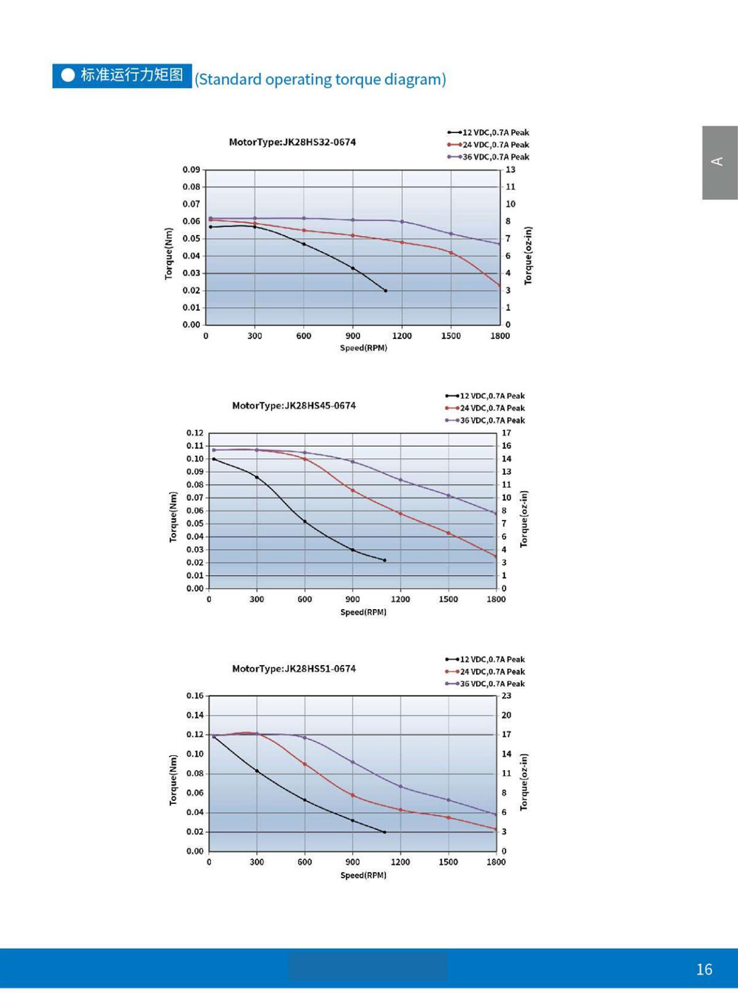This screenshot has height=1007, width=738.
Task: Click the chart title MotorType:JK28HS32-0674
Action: [x=292, y=142]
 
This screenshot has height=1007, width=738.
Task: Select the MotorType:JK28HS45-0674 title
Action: [x=294, y=405]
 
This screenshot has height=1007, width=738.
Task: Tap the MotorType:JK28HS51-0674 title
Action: [x=294, y=669]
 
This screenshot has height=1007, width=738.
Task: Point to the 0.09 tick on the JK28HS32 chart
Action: [x=191, y=170]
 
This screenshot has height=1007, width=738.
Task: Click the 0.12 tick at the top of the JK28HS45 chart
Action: [x=195, y=433]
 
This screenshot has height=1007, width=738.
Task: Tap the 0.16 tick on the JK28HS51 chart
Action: [x=195, y=696]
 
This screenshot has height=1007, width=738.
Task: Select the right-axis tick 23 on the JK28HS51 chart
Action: [x=506, y=696]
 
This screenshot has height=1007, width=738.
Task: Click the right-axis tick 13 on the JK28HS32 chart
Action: [x=510, y=170]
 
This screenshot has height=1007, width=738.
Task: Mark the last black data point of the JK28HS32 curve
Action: [x=385, y=291]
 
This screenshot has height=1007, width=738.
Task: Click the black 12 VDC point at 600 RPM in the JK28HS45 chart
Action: [x=305, y=521]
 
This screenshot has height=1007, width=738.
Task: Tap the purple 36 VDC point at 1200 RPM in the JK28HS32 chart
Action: [x=402, y=221]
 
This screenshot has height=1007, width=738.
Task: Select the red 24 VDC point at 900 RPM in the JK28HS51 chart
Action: [x=353, y=795]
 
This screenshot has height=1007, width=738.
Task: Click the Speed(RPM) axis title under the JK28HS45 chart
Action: [x=363, y=612]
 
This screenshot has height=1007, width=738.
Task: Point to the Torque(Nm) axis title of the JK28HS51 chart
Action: [x=173, y=780]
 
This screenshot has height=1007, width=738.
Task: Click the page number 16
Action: [x=704, y=969]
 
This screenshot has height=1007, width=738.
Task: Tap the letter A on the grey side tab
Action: [x=717, y=162]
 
